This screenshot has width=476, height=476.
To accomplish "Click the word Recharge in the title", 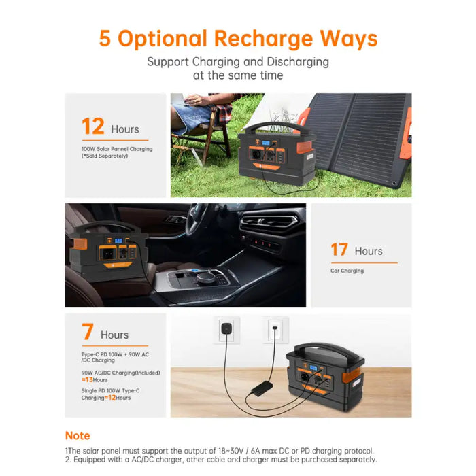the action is tap(263, 39).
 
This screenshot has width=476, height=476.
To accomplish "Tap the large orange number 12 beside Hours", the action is tap(93, 126).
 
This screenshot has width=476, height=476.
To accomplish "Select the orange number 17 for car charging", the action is tap(339, 250).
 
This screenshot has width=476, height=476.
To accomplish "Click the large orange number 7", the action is tap(88, 332).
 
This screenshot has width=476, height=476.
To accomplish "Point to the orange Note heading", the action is tap(78, 436).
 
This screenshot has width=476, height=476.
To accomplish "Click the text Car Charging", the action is tap(347, 271).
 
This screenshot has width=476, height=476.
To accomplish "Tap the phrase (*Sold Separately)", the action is tap(105, 156).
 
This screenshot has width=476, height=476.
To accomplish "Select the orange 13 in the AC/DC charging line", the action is tap(88, 379).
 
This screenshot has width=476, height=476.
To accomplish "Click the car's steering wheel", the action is tap(197, 218).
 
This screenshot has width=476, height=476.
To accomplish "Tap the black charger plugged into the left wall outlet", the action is tap(226, 329).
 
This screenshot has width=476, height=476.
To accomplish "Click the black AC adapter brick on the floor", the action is tap(262, 388).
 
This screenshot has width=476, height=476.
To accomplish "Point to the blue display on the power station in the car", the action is tap(118, 241).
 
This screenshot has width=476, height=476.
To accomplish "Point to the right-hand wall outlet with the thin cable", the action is tap(275, 330).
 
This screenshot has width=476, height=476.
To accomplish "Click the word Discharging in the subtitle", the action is tap(298, 62).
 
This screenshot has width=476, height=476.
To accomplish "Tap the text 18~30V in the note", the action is tap(231, 451).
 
